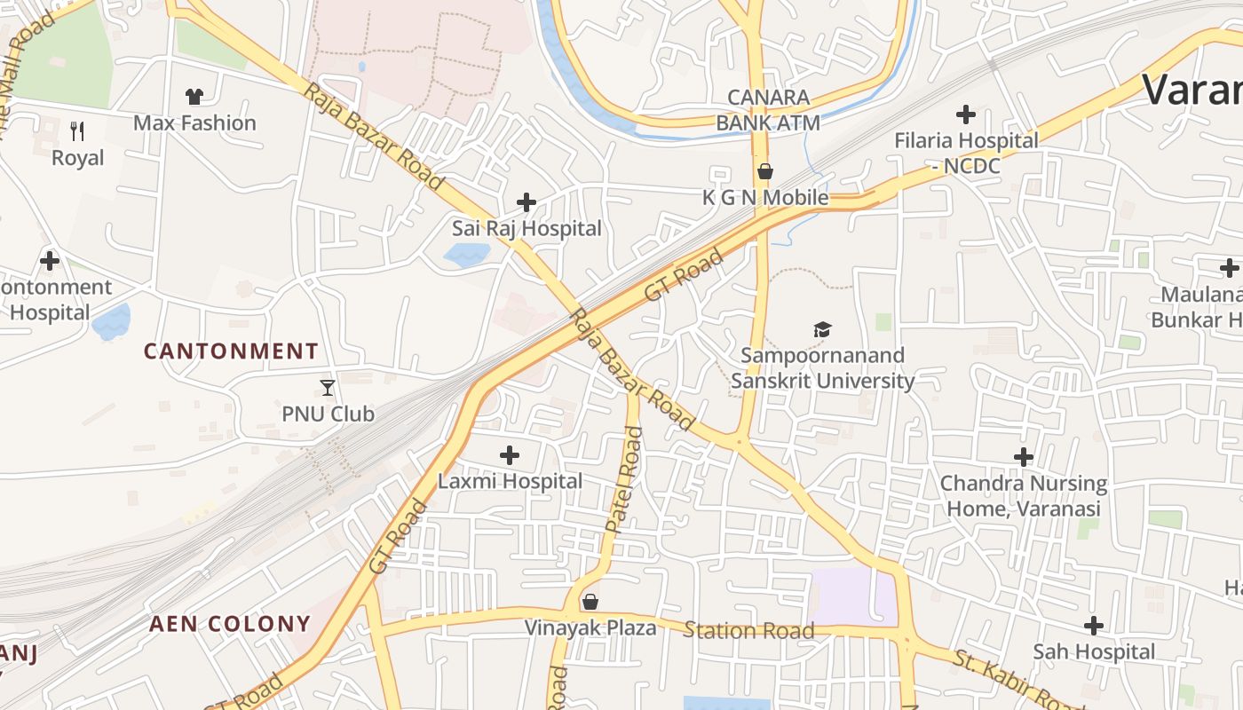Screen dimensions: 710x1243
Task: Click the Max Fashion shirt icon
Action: [194, 96]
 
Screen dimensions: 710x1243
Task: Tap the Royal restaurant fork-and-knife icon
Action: [77, 131]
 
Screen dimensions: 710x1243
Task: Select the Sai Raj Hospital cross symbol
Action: [526, 202]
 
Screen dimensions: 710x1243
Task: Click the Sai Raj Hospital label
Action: [526, 228]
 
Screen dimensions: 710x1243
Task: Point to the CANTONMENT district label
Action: [231, 351]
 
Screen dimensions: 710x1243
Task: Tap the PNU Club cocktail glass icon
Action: [328, 387]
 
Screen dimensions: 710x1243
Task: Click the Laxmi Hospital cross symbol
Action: [510, 455]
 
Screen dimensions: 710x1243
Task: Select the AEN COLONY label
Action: [230, 624]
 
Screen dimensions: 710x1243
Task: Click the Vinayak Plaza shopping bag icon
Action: [590, 603]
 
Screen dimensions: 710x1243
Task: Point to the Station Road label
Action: [748, 631]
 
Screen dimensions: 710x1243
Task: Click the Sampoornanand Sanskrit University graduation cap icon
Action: [822, 330]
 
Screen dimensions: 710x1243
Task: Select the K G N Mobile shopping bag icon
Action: [764, 171]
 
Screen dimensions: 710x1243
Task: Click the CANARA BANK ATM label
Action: [768, 110]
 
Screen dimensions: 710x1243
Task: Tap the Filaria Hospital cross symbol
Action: [965, 114]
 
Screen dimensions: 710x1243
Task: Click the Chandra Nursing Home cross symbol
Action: [1024, 457]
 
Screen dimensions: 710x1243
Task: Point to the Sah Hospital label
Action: [1094, 651]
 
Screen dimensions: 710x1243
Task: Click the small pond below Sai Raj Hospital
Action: [466, 256]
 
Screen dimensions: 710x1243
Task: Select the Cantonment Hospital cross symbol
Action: [50, 261]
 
